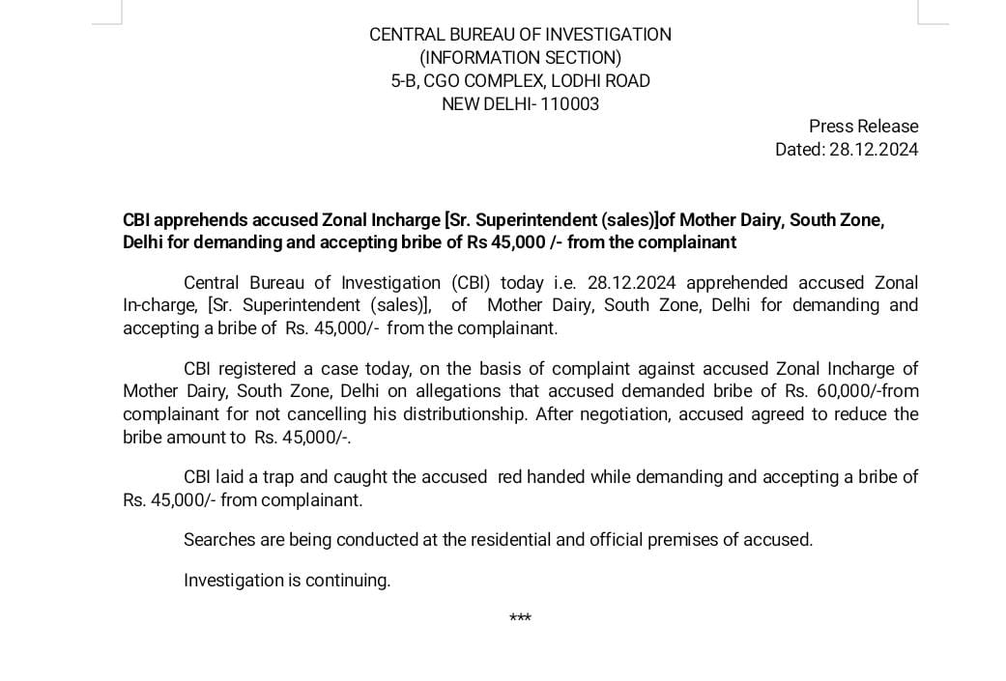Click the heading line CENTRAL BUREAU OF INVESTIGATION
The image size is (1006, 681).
pyautogui.click(x=520, y=35)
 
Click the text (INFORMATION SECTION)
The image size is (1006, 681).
pyautogui.click(x=520, y=58)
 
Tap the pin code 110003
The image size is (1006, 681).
pyautogui.click(x=570, y=104)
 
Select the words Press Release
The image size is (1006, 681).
pyautogui.click(x=863, y=127)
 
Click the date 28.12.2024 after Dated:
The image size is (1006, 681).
pyautogui.click(x=874, y=150)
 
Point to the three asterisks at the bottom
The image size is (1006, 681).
pyautogui.click(x=520, y=618)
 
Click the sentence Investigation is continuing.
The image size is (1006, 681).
pyautogui.click(x=287, y=581)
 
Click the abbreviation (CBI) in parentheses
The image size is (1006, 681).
pyautogui.click(x=473, y=283)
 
